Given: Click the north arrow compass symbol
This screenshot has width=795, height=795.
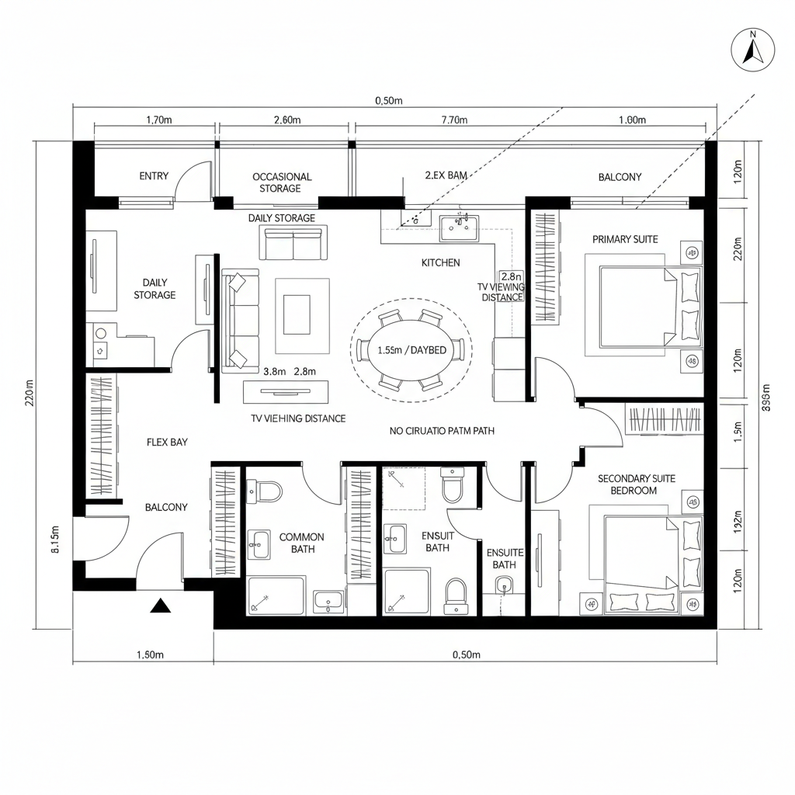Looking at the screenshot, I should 752,51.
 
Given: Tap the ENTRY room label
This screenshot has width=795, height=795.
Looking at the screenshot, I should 154,176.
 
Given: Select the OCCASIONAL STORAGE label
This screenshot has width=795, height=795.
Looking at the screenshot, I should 282,182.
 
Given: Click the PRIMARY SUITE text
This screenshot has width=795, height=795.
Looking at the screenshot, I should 625,239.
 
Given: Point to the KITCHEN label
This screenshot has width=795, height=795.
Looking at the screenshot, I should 440,263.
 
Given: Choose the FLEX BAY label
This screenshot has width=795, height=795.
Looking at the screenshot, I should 167,442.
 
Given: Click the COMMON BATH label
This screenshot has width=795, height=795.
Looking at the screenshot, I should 301,543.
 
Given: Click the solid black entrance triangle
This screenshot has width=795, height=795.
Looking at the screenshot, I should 160,606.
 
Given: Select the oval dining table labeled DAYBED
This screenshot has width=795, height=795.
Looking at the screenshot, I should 411,350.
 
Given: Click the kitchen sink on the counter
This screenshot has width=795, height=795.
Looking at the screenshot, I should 459,227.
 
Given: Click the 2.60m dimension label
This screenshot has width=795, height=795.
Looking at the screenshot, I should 288,120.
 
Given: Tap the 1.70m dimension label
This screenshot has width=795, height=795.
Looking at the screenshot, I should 159,120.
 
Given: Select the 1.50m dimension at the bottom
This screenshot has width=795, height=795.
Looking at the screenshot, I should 150,654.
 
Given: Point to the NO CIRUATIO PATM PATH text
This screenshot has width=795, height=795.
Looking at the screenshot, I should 441,430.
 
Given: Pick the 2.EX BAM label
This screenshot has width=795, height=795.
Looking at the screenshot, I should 446,176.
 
